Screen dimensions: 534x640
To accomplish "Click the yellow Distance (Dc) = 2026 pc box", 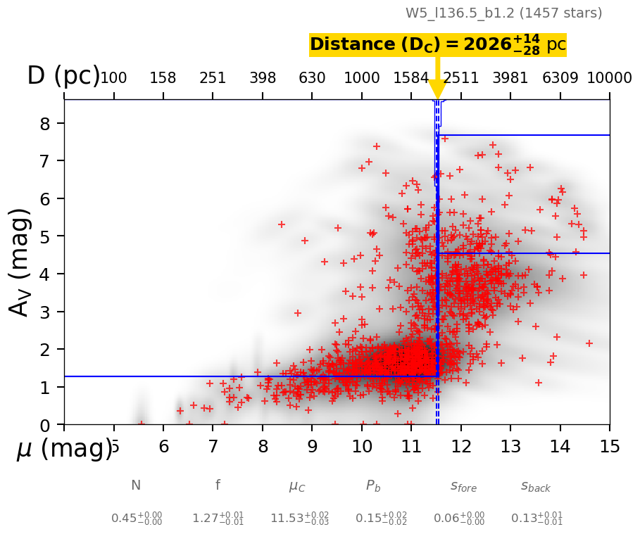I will click(437, 44).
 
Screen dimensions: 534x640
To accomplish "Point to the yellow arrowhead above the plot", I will click(437, 90).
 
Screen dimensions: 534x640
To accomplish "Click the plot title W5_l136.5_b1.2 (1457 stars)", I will click(503, 13).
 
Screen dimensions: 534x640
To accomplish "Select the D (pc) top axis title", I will click(63, 76).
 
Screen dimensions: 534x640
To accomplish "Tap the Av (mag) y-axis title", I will click(21, 262).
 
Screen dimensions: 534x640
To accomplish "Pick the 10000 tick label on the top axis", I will click(609, 77).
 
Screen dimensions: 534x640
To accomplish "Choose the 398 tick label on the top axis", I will click(263, 77).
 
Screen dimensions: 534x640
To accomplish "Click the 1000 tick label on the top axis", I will click(362, 77).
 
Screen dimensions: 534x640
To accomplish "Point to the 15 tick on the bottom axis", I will click(609, 447).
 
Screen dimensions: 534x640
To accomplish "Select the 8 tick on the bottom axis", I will click(263, 447).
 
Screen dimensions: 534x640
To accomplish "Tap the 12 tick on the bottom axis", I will click(461, 447).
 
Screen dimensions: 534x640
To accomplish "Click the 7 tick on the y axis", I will click(49, 161).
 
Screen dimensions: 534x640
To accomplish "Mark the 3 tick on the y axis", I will click(49, 312).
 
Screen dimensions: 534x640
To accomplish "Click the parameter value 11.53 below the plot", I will click(290, 519).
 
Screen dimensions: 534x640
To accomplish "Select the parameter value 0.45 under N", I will click(137, 519).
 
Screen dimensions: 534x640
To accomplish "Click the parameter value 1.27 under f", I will click(218, 519).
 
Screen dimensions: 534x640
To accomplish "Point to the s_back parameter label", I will click(536, 486).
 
